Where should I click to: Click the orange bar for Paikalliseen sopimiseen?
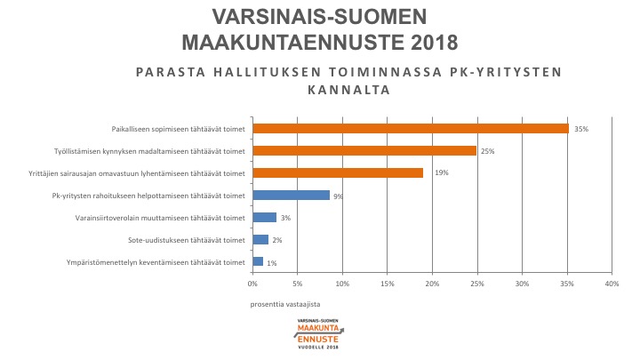[x=411, y=129]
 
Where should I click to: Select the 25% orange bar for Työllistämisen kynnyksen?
[x=364, y=151]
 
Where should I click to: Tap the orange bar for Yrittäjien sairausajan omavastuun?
[x=338, y=172]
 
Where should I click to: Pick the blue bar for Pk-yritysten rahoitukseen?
[x=292, y=196]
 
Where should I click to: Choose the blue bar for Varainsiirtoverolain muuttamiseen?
[x=265, y=217]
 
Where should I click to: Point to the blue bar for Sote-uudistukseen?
[x=260, y=239]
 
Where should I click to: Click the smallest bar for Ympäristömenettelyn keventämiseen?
[x=258, y=262]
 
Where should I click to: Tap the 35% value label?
[x=581, y=129]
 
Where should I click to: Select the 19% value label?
[x=441, y=172]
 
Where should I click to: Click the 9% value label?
[x=339, y=196]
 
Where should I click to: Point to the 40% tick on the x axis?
[x=612, y=284]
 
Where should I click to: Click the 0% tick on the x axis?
[x=252, y=284]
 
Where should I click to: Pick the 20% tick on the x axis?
[x=432, y=284]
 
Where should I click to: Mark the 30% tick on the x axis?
[x=522, y=284]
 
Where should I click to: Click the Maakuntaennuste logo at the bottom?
[x=319, y=333]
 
